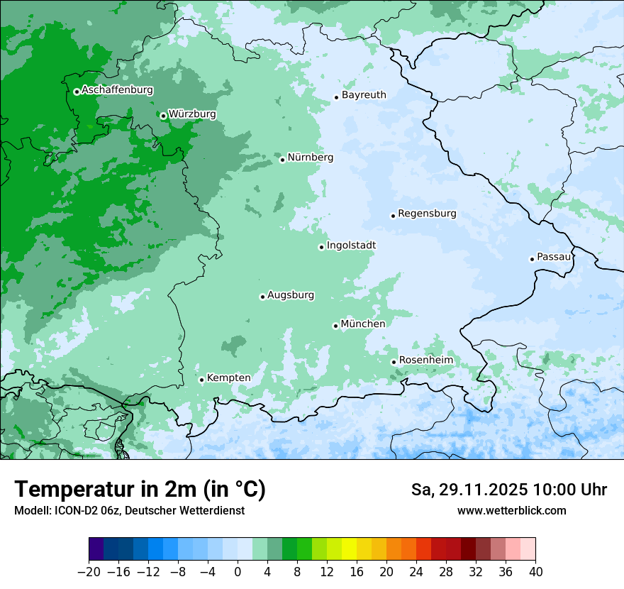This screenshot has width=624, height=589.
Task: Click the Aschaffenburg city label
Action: [x=117, y=90]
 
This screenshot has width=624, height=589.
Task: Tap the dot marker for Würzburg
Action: [x=163, y=116]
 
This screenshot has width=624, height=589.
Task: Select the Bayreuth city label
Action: [x=364, y=94]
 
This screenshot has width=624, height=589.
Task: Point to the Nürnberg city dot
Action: [x=282, y=160]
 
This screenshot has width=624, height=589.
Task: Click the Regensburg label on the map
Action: [x=427, y=213]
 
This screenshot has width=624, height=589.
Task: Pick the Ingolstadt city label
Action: [x=351, y=245]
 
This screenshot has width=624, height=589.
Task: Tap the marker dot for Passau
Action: [x=532, y=259]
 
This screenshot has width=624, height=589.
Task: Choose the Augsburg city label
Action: [x=291, y=294]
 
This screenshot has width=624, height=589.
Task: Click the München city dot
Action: [x=335, y=326]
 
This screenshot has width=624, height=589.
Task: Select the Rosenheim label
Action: [x=425, y=360]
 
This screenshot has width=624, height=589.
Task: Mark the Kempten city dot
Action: [x=201, y=380]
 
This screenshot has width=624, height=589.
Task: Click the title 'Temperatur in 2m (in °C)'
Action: [x=140, y=490]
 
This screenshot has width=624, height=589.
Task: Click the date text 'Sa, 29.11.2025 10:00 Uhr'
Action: [x=508, y=490]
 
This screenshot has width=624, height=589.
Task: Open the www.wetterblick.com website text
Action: [x=511, y=510]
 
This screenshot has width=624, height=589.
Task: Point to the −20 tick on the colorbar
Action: [x=89, y=572]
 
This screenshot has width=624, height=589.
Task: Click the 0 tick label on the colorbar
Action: [x=238, y=572]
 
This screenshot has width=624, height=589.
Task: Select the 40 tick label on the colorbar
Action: [x=535, y=572]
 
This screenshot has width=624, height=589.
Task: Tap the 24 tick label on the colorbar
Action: [x=416, y=572]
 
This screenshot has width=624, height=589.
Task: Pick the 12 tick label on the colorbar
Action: [x=327, y=572]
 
